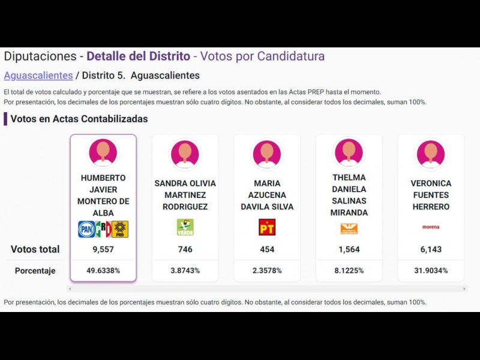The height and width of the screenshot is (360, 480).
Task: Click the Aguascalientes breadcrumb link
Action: pyautogui.click(x=38, y=76)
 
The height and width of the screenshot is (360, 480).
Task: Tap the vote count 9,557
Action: pyautogui.click(x=103, y=250)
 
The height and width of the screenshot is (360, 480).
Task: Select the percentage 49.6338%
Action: pyautogui.click(x=103, y=271)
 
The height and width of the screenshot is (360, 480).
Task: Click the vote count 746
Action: pyautogui.click(x=185, y=250)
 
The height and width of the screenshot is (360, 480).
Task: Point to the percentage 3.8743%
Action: pyautogui.click(x=185, y=271)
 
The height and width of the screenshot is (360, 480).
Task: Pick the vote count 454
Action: pyautogui.click(x=267, y=250)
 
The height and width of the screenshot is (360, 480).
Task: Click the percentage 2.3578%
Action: pyautogui.click(x=267, y=271)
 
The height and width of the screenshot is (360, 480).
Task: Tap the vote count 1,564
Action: pyautogui.click(x=349, y=250)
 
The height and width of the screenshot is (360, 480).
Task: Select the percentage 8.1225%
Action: pyautogui.click(x=349, y=271)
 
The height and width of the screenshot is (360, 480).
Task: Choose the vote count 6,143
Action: pyautogui.click(x=430, y=250)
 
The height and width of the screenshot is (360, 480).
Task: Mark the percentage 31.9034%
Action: pyautogui.click(x=430, y=271)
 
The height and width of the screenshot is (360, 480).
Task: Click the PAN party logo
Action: pyautogui.click(x=86, y=229)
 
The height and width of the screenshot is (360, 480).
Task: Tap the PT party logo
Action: pyautogui.click(x=267, y=227)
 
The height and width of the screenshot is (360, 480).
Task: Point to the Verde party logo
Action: pyautogui.click(x=185, y=227)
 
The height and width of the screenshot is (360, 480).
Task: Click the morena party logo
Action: pyautogui.click(x=430, y=227)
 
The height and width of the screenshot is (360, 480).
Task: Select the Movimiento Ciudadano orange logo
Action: pyautogui.click(x=349, y=229)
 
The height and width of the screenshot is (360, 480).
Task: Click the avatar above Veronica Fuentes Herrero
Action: pyautogui.click(x=430, y=154)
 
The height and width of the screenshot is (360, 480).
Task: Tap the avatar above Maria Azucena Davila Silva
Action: pyautogui.click(x=267, y=154)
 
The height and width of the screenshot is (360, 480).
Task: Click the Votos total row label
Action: pyautogui.click(x=35, y=250)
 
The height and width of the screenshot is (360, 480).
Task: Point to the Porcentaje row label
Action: pyautogui.click(x=35, y=271)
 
